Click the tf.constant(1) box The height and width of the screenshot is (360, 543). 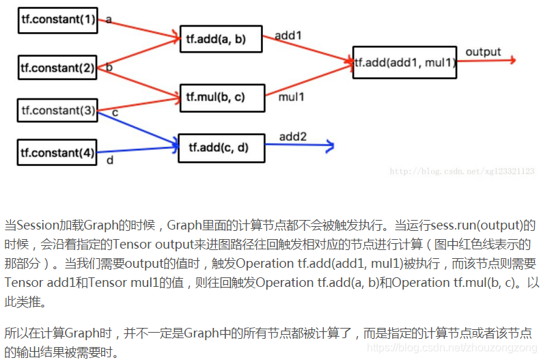pos(58,20)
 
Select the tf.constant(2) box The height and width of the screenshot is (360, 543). pos(58,68)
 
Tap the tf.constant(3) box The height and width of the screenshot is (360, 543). pos(58,109)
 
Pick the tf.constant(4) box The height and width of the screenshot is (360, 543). pos(58,152)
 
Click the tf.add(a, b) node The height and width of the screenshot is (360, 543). pos(221,40)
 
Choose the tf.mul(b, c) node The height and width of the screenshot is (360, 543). pos(221,97)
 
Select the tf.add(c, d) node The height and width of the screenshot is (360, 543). pos(221,148)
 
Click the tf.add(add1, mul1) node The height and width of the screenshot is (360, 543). pos(404,63)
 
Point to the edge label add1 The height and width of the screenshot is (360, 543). pos(288,35)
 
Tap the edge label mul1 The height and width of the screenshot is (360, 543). pos(291,97)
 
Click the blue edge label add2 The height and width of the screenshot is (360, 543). pos(293,137)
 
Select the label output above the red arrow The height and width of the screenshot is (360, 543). pos(483,52)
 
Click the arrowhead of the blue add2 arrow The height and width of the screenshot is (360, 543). pos(330,146)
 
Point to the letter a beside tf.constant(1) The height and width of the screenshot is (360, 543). pos(109,20)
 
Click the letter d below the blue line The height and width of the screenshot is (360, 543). pos(109,161)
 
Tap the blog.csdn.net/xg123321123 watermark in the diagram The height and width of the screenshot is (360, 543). pos(462,171)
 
